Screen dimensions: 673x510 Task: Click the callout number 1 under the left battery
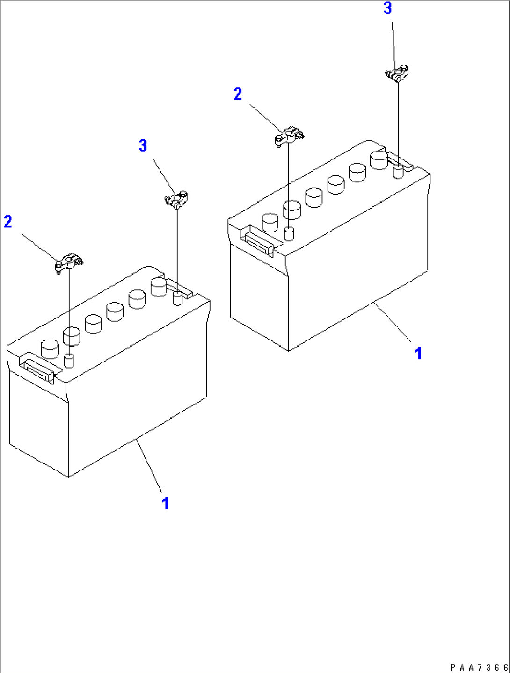pyautogui.click(x=165, y=503)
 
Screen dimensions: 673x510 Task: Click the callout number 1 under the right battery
pyautogui.click(x=418, y=354)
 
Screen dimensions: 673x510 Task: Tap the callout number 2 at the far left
pyautogui.click(x=7, y=222)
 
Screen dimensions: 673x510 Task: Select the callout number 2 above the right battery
pyautogui.click(x=238, y=94)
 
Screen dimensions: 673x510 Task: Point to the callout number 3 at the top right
pyautogui.click(x=387, y=8)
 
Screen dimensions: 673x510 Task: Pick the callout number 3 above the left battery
pyautogui.click(x=143, y=145)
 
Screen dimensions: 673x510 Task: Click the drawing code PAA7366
pyautogui.click(x=479, y=667)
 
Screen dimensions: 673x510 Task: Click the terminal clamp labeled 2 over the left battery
pyautogui.click(x=68, y=262)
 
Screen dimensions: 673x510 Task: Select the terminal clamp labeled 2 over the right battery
pyautogui.click(x=288, y=136)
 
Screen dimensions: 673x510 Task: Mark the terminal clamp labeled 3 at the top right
pyautogui.click(x=398, y=73)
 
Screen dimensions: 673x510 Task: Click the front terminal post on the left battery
pyautogui.click(x=69, y=360)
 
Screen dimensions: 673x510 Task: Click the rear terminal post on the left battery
pyautogui.click(x=177, y=298)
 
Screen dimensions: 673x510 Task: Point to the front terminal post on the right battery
pyautogui.click(x=289, y=234)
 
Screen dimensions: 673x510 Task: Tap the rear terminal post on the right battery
pyautogui.click(x=398, y=171)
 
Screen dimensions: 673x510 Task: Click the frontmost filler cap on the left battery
pyautogui.click(x=50, y=349)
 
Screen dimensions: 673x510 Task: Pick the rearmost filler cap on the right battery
pyautogui.click(x=379, y=160)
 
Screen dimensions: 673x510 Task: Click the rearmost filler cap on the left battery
pyautogui.click(x=159, y=287)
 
